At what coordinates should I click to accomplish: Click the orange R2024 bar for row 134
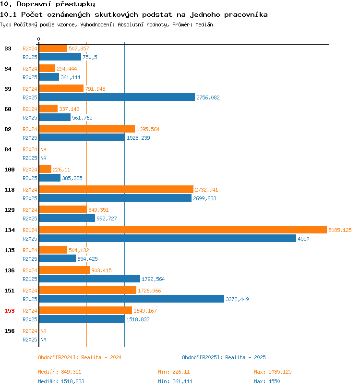[183, 230]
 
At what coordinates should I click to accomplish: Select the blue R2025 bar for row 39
[117, 97]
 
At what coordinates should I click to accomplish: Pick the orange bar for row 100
[45, 170]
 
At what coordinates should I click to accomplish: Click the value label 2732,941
[206, 190]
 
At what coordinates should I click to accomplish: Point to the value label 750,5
[90, 57]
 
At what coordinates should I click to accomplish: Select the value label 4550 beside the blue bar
[303, 239]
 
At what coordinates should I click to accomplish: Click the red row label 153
[10, 311]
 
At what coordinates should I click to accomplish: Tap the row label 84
[8, 149]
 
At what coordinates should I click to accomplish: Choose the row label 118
[10, 190]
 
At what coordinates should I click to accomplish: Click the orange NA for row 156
[43, 331]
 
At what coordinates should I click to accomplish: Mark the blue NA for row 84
[43, 158]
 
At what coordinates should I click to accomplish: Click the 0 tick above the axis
[38, 39]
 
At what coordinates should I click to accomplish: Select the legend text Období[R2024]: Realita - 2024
[80, 357]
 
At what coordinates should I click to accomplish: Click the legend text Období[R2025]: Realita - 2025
[224, 357]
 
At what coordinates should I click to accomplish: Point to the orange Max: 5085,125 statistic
[273, 372]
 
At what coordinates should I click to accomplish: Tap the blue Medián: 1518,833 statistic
[61, 381]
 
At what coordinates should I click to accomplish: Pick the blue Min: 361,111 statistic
[175, 381]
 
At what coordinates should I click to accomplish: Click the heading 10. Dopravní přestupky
[48, 4]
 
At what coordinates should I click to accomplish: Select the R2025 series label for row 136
[30, 279]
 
